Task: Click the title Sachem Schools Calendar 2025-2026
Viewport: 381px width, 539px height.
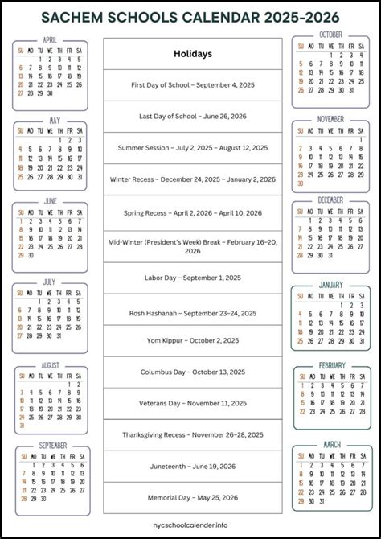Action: click(x=190, y=16)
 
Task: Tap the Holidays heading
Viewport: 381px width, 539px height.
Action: click(x=192, y=54)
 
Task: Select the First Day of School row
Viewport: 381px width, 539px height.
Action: click(x=192, y=85)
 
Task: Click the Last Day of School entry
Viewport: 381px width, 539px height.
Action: click(x=192, y=117)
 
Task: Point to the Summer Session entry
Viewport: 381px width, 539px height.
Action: click(x=192, y=149)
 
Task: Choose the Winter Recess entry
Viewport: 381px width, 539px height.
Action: click(x=192, y=180)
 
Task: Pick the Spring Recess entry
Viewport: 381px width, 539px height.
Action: click(x=192, y=213)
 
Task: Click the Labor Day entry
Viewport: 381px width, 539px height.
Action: click(x=192, y=278)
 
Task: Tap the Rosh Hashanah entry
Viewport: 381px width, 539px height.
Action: click(x=192, y=313)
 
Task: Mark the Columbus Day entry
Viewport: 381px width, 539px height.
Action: click(x=192, y=372)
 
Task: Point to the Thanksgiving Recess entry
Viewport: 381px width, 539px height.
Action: click(x=192, y=434)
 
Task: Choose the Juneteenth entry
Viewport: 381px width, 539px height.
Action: click(x=192, y=467)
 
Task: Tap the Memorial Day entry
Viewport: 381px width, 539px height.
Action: click(x=192, y=498)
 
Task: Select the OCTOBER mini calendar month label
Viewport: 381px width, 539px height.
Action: click(x=330, y=35)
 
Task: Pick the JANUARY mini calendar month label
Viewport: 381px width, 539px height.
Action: click(x=330, y=285)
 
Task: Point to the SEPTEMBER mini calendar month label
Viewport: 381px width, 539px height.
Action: click(x=52, y=445)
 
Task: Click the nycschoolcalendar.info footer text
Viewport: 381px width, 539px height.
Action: click(x=192, y=528)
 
